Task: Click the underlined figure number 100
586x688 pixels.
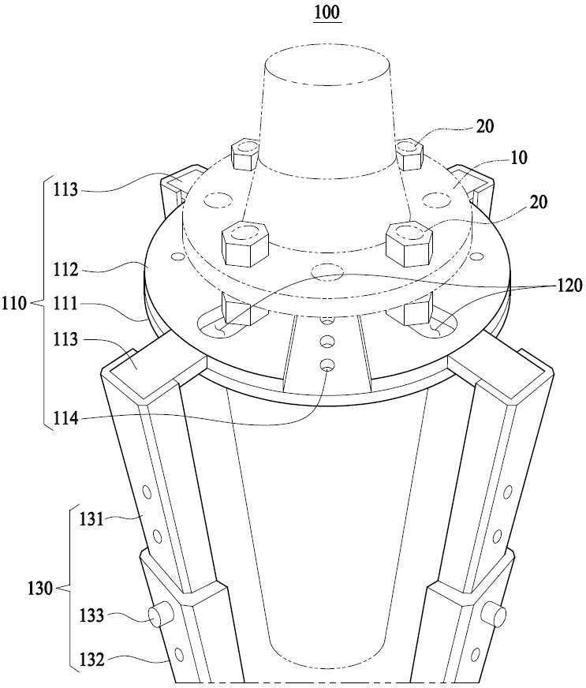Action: (x=327, y=12)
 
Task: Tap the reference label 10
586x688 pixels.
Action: (x=519, y=158)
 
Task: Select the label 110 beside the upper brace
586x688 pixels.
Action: (x=14, y=303)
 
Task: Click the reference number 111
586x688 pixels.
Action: (x=65, y=303)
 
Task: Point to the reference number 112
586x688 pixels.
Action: (x=65, y=269)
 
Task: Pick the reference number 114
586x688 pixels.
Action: (x=65, y=419)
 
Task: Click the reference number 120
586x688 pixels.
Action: (x=570, y=286)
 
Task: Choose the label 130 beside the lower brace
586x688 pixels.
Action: (x=40, y=588)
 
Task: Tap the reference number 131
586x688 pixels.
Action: (x=91, y=519)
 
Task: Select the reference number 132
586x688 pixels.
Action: (x=91, y=660)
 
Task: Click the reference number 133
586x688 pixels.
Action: (x=91, y=615)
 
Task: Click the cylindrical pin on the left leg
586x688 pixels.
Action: (x=161, y=615)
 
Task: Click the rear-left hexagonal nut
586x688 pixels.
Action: (x=244, y=155)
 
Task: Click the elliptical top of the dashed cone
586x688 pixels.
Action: (x=327, y=65)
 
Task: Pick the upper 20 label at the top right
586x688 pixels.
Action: (x=485, y=126)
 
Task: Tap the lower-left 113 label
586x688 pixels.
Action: (x=65, y=338)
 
